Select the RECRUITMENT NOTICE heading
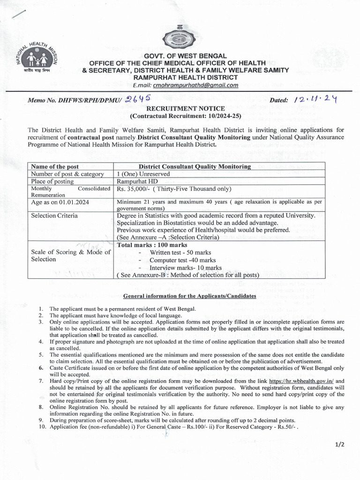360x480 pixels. click(x=180, y=108)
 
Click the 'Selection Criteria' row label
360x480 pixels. click(x=54, y=216)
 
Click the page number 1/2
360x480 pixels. click(x=339, y=445)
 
